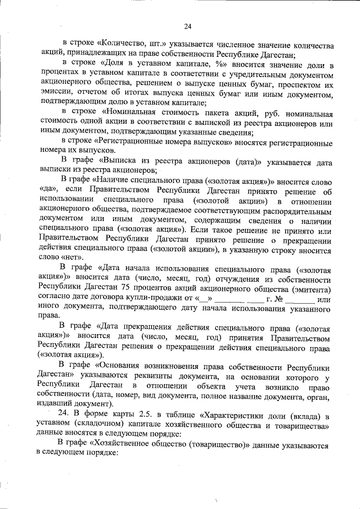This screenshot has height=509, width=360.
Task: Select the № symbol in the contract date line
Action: click(278, 299)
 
